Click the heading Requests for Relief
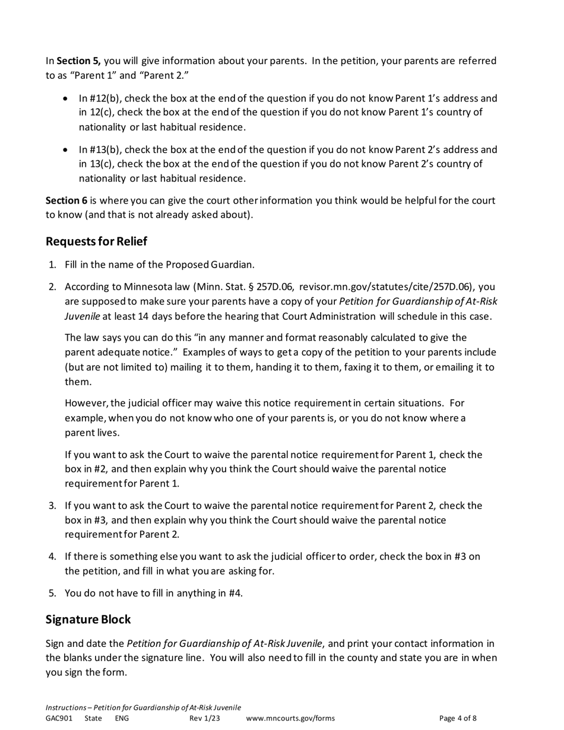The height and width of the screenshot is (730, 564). click(x=96, y=242)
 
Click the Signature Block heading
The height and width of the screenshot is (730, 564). click(x=88, y=620)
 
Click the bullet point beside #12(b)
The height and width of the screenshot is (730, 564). click(x=65, y=99)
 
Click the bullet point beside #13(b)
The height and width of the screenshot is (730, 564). click(x=65, y=150)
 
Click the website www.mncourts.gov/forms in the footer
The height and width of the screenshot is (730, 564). click(x=290, y=718)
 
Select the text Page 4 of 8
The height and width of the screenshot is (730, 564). click(x=458, y=718)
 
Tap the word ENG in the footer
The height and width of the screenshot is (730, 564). click(x=122, y=718)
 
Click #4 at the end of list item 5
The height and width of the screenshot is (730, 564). click(x=235, y=593)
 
